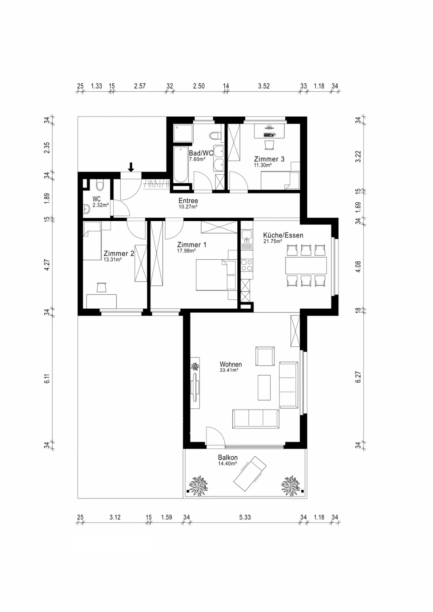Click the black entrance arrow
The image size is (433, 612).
[x=131, y=167]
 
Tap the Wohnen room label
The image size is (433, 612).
[x=230, y=364]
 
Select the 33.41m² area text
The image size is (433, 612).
[x=229, y=370]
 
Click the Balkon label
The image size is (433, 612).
[x=227, y=457]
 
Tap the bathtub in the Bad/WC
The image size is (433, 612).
[x=180, y=164]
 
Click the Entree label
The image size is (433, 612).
[x=188, y=200]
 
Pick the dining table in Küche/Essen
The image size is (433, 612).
[x=306, y=265]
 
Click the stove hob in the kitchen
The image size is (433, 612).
[x=247, y=265]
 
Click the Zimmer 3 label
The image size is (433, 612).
[x=269, y=159]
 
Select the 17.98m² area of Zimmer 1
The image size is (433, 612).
[x=186, y=251]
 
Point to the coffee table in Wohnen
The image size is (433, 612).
[x=264, y=388]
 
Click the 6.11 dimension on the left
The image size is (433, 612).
[x=47, y=378]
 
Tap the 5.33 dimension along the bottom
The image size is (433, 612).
[x=245, y=517]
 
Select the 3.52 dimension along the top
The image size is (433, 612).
[x=264, y=86]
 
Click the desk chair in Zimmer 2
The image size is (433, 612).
[x=101, y=287]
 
